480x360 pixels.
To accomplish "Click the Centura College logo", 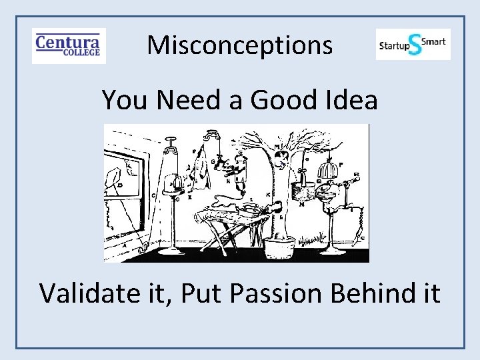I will point(69,45).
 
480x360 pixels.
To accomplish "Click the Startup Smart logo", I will point(413,44).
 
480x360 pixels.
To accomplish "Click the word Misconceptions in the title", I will point(239,45).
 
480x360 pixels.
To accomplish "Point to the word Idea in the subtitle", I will point(354,100).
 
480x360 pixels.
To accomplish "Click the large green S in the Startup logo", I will point(415,45).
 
